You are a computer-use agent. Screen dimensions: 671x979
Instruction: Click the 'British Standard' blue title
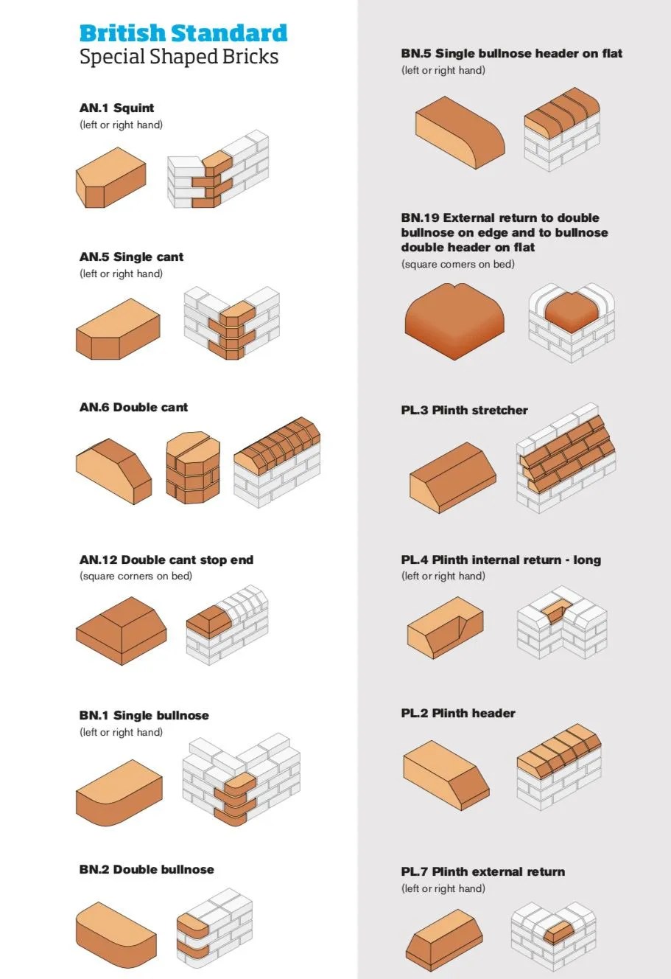183,33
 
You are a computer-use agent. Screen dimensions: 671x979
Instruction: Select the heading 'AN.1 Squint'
116,108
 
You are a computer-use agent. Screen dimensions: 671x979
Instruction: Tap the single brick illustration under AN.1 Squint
111,178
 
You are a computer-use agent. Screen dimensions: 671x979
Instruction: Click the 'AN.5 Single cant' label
131,257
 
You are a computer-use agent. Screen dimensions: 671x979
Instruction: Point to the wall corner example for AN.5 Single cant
231,323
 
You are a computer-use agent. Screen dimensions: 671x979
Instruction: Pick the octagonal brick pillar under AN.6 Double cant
193,467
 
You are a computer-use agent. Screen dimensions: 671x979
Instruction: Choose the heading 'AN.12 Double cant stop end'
166,560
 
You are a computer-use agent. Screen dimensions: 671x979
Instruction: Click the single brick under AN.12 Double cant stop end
122,630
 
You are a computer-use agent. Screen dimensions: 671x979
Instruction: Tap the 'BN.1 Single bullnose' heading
144,716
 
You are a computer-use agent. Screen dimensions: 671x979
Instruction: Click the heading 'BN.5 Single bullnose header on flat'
512,54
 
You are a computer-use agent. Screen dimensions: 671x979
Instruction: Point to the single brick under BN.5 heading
460,133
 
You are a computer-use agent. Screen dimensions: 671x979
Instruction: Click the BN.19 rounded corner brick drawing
454,321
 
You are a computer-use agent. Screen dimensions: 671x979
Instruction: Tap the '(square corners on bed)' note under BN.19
458,265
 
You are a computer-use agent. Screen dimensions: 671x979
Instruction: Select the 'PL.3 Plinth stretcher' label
465,411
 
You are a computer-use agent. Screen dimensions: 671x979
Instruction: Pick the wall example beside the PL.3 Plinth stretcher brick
566,458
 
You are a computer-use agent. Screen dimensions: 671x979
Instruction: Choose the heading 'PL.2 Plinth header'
458,714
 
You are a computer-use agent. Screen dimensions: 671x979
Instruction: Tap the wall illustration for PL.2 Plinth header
559,767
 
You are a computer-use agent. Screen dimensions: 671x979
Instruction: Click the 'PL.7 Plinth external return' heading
483,871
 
